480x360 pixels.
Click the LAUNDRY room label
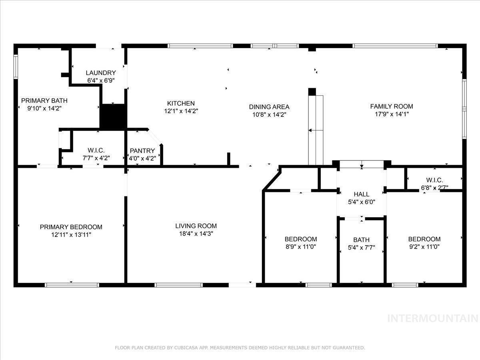[x=100, y=73]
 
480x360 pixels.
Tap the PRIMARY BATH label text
[x=44, y=101]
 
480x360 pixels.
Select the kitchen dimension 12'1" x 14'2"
[x=181, y=111]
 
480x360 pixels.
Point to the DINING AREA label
[x=269, y=107]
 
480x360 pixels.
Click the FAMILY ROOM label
[x=392, y=106]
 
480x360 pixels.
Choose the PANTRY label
[x=142, y=151]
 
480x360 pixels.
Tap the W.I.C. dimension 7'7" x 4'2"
[x=96, y=158]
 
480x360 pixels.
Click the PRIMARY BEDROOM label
[x=71, y=227]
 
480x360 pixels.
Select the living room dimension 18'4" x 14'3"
[x=196, y=234]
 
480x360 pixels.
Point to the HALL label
[x=362, y=194]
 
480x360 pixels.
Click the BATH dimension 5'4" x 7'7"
[x=362, y=248]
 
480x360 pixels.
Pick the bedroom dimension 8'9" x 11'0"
[x=301, y=247]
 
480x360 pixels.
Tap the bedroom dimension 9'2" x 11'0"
[x=424, y=247]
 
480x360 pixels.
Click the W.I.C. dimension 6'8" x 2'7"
[x=434, y=188]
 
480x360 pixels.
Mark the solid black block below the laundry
[x=113, y=117]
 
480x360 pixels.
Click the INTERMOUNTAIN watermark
[x=433, y=318]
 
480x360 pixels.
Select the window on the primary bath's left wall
[x=16, y=67]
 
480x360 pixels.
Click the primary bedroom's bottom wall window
[x=72, y=285]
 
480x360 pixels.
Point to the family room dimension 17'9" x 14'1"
[x=392, y=114]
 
